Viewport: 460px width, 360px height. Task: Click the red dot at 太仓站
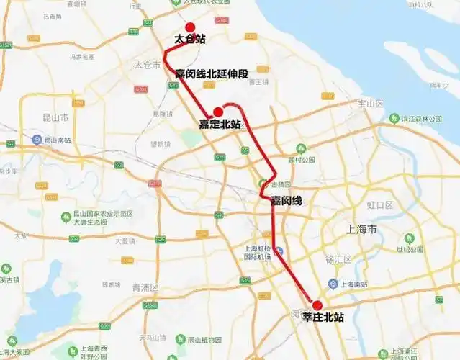click(190, 27)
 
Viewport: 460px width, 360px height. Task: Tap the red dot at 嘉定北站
click(219, 112)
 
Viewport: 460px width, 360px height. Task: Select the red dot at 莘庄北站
click(317, 305)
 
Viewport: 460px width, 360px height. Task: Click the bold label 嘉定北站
click(220, 124)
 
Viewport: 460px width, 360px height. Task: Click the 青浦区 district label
click(145, 287)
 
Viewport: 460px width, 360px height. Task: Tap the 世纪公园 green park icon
click(409, 238)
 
